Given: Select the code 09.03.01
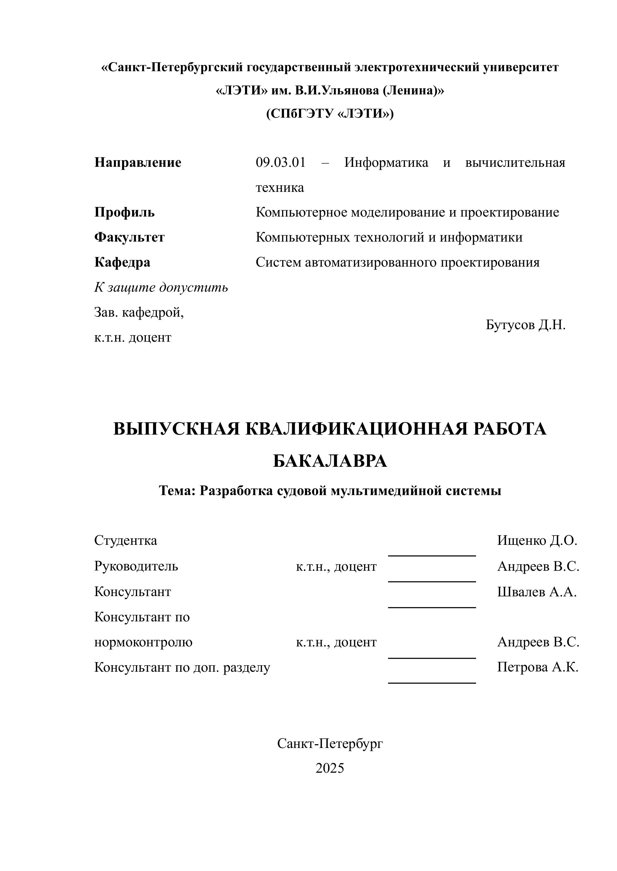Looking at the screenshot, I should pyautogui.click(x=280, y=163).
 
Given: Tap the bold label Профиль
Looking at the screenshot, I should pyautogui.click(x=124, y=212).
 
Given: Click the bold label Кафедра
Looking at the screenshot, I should pyautogui.click(x=122, y=262).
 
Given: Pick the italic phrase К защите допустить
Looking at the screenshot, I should pyautogui.click(x=161, y=287).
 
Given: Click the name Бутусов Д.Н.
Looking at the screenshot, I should pyautogui.click(x=525, y=325).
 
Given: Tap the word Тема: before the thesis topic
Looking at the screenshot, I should pyautogui.click(x=177, y=491).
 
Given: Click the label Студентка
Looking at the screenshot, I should pyautogui.click(x=125, y=540).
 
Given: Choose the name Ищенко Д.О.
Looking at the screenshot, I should pyautogui.click(x=537, y=540).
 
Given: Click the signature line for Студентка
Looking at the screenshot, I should pyautogui.click(x=432, y=556).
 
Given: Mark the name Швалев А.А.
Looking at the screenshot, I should pyautogui.click(x=537, y=592).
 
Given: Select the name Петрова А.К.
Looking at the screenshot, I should pyautogui.click(x=538, y=667).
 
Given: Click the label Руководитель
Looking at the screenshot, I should pyautogui.click(x=136, y=566).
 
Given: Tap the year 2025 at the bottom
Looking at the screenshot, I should pyautogui.click(x=330, y=768).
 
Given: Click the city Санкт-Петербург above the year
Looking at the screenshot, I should pyautogui.click(x=330, y=744).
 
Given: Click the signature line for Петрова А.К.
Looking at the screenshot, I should pyautogui.click(x=432, y=683).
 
